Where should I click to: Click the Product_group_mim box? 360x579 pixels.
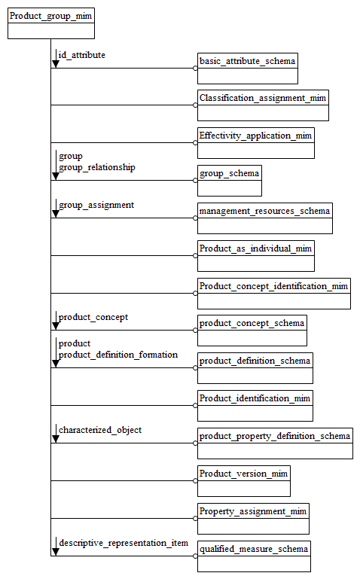(51, 23)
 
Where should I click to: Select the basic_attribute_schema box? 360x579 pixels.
(248, 68)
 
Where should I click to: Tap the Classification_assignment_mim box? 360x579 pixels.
(264, 105)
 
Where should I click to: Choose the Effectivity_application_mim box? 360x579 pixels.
(256, 143)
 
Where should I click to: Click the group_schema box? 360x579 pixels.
(230, 181)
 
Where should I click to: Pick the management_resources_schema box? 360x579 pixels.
(264, 218)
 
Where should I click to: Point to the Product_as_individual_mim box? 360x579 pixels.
(256, 256)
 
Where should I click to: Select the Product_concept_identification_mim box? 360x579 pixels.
(274, 294)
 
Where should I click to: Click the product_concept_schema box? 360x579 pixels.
(252, 331)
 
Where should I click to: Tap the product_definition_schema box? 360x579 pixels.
(255, 368)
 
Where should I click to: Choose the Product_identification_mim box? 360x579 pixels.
(255, 406)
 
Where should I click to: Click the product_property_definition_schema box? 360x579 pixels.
(275, 443)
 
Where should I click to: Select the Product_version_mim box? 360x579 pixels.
(244, 481)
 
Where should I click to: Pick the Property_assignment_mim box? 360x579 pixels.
(253, 519)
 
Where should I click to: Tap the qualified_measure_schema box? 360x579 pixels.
(254, 556)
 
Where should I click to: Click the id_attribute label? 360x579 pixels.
(82, 55)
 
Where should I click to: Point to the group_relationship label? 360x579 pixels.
(97, 167)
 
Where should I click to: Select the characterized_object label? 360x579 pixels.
(100, 430)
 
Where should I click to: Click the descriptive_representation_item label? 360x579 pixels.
(124, 542)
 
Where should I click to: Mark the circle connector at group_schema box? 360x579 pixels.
(196, 181)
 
